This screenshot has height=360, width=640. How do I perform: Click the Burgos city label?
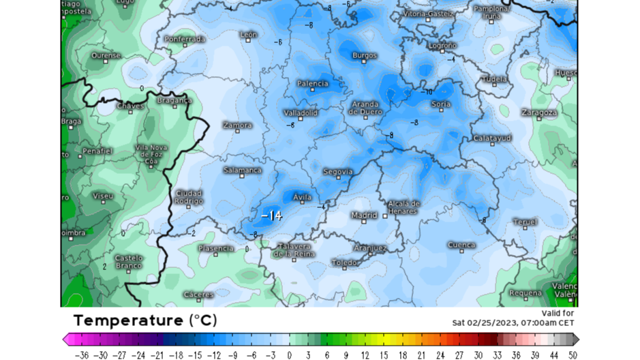coord(364,55)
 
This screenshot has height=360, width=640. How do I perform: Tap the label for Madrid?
coord(363,215)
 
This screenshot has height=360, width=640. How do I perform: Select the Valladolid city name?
coord(301,112)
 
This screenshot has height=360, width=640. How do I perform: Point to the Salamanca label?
coord(243,170)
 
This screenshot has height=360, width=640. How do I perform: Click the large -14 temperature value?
coord(271,215)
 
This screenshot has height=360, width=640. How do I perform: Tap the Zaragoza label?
coord(539,112)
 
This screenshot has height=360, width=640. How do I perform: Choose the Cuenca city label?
coord(461,245)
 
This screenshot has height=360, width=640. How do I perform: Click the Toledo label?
coord(345,262)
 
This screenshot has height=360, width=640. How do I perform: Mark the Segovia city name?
coord(337,171)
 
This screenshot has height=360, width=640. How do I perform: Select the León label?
coord(249,34)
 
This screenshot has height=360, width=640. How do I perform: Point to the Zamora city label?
coord(237,125)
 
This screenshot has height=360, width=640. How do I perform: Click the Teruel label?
coord(525,222)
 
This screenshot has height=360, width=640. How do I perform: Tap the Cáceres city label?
coord(198,295)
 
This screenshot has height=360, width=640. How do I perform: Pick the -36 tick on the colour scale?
coord(82,355)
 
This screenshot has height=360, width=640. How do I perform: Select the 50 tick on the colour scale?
coord(573,355)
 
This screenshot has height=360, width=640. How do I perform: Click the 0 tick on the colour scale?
coord(290,355)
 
